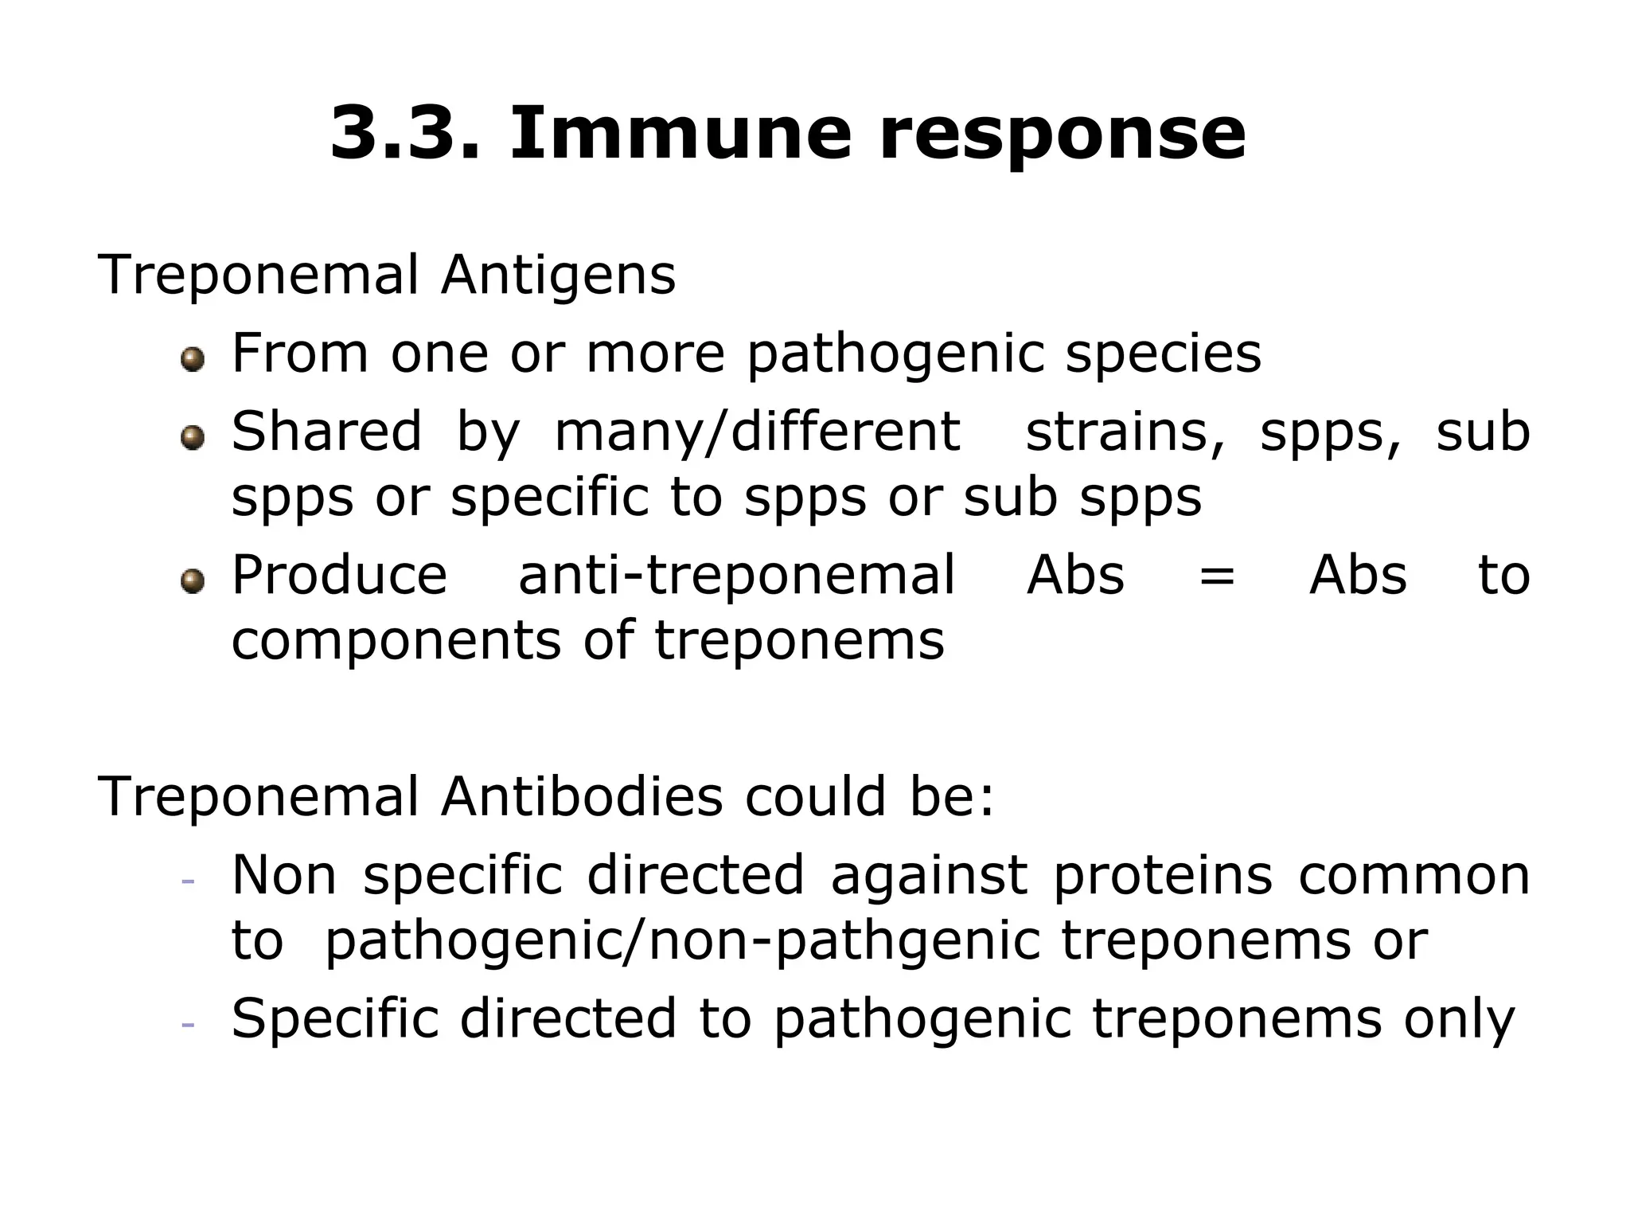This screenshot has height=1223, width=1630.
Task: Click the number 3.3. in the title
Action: [405, 132]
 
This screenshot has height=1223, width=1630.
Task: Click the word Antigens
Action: [558, 275]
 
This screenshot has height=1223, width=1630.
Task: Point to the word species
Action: [1164, 354]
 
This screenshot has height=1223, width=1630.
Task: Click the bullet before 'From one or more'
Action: [193, 361]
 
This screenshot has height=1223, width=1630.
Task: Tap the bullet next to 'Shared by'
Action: [193, 438]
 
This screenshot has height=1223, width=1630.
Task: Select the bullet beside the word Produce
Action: [193, 581]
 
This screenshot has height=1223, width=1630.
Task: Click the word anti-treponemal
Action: [736, 575]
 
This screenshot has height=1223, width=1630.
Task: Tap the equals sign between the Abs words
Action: [1217, 576]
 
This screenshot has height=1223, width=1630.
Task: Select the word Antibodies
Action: [582, 796]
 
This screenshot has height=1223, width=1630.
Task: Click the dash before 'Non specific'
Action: [189, 881]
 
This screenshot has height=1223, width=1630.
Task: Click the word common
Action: [1414, 876]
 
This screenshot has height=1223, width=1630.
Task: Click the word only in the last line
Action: [1459, 1021]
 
